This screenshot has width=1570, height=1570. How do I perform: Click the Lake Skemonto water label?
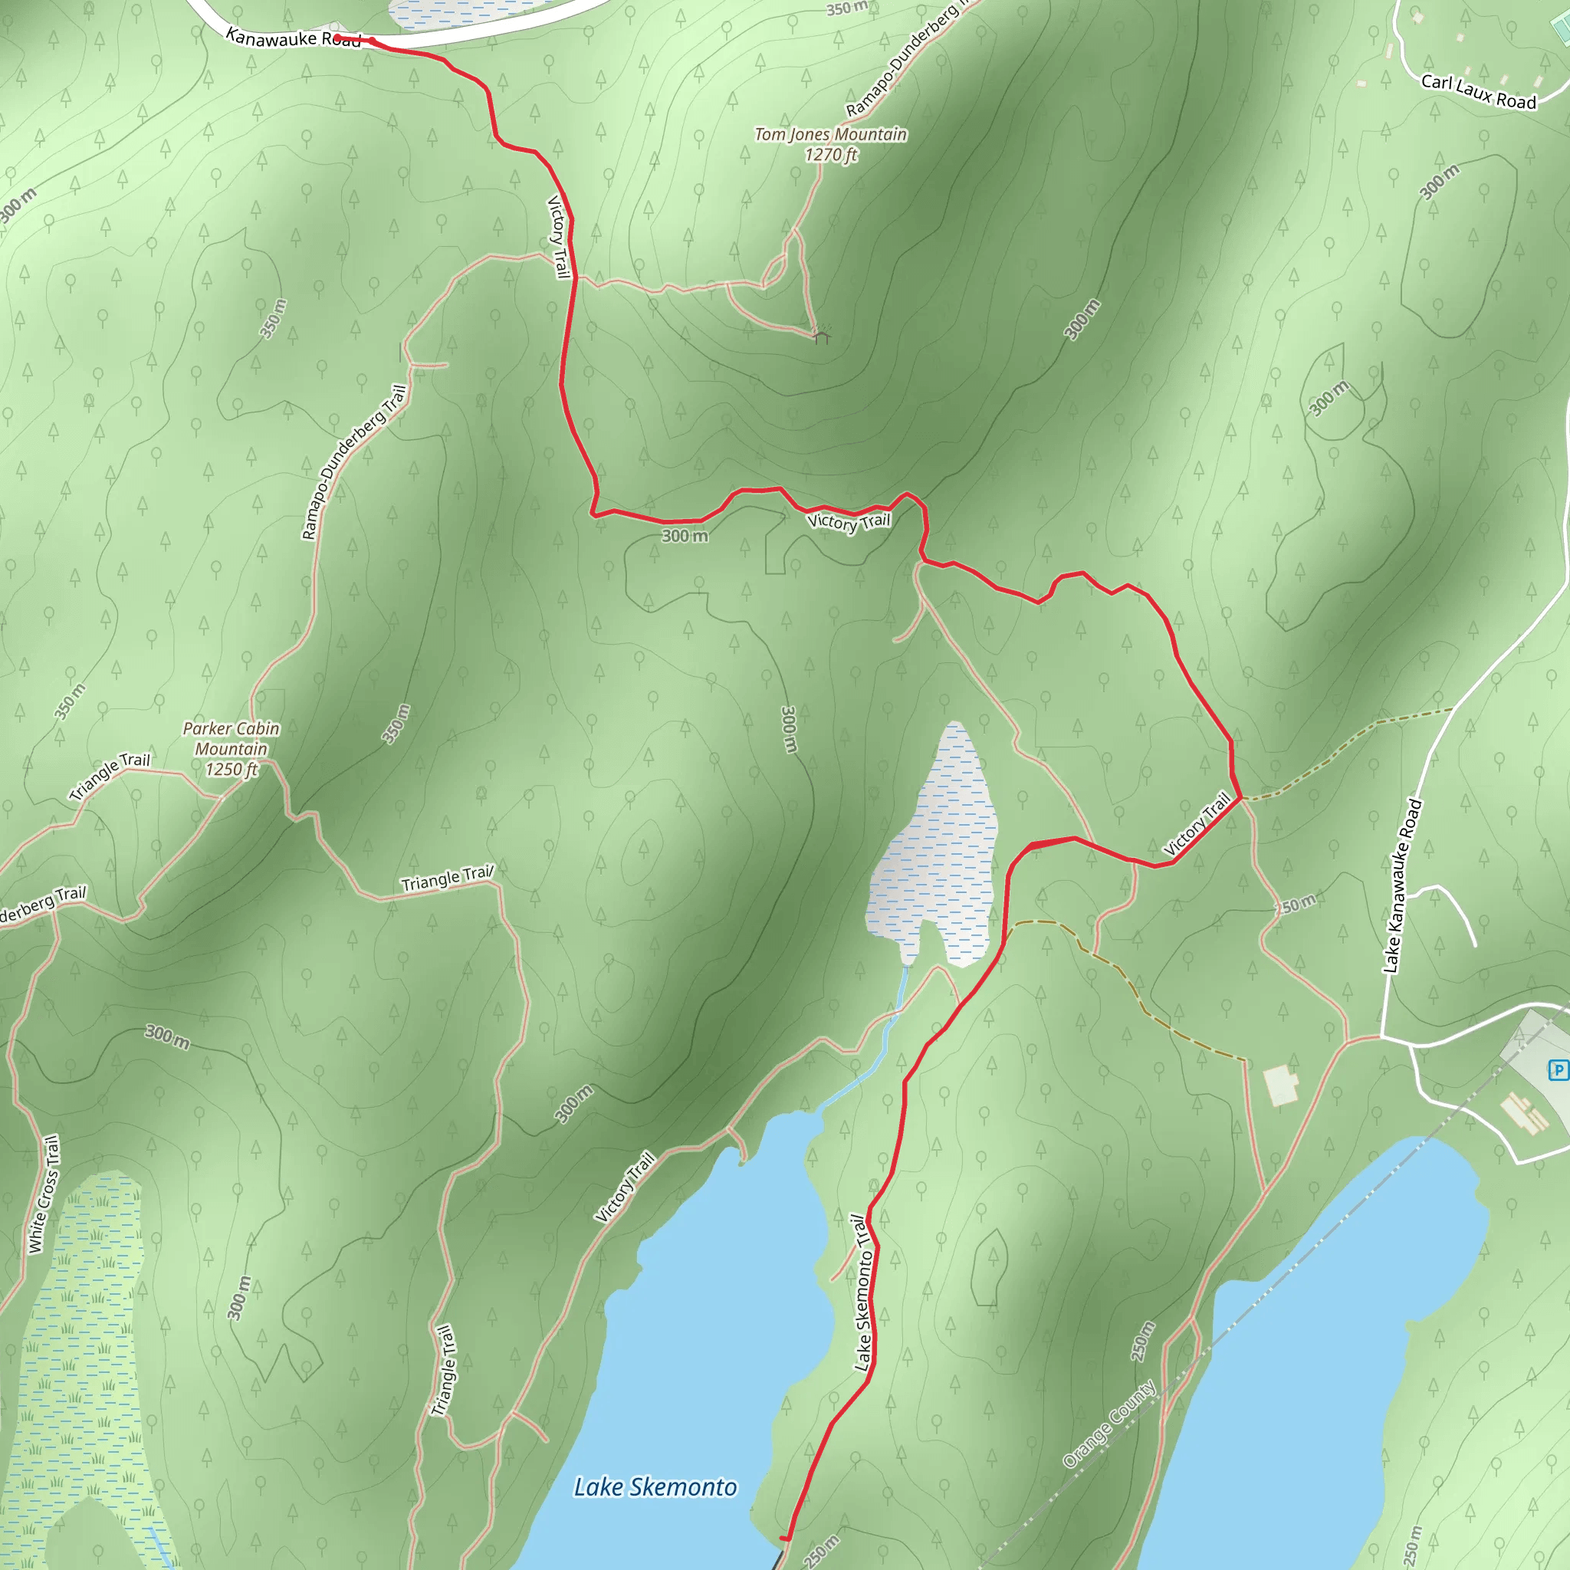click(655, 1487)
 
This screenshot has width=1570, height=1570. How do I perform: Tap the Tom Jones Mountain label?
click(830, 134)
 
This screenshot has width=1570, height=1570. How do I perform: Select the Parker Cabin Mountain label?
click(231, 739)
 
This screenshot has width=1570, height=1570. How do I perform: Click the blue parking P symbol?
click(1558, 1070)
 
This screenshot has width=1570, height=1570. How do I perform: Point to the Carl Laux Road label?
click(1478, 92)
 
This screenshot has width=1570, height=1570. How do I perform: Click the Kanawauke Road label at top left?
click(293, 38)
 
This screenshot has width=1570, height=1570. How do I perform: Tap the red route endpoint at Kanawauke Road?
click(337, 38)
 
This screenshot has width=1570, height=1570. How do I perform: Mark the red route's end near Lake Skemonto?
click(784, 1539)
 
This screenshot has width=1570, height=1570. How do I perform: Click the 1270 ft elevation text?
click(830, 154)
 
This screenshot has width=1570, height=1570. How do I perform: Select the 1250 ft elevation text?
click(232, 769)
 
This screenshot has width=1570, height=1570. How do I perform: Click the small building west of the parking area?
click(1281, 1085)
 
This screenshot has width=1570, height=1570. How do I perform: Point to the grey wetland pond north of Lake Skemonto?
click(934, 853)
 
